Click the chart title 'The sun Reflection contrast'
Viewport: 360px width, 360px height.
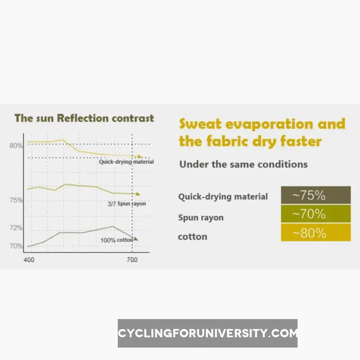pyautogui.click(x=84, y=118)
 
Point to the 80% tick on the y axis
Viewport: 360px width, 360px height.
pyautogui.click(x=16, y=145)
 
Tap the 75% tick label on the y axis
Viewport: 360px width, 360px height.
pyautogui.click(x=16, y=200)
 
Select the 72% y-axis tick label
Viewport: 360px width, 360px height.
pyautogui.click(x=16, y=228)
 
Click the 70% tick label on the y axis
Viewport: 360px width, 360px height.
pyautogui.click(x=16, y=246)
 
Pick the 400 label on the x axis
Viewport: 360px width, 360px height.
pyautogui.click(x=29, y=260)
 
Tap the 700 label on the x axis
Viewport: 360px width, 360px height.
pyautogui.click(x=132, y=260)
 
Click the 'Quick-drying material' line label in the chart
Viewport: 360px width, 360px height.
pyautogui.click(x=126, y=162)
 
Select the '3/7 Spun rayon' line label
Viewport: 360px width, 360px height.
pyautogui.click(x=126, y=204)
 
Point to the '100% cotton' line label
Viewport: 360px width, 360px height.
pyautogui.click(x=117, y=240)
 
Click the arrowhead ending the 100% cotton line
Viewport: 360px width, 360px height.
pyautogui.click(x=136, y=238)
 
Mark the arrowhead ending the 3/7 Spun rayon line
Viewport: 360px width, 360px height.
pyautogui.click(x=138, y=194)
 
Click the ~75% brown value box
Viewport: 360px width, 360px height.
pyautogui.click(x=316, y=195)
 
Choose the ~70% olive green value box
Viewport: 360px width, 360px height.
pyautogui.click(x=316, y=214)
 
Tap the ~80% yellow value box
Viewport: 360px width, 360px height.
pyautogui.click(x=316, y=233)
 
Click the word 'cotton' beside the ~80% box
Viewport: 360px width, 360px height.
pyautogui.click(x=192, y=237)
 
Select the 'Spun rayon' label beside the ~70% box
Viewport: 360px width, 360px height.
pyautogui.click(x=201, y=218)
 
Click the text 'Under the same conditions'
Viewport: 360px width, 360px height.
pyautogui.click(x=243, y=165)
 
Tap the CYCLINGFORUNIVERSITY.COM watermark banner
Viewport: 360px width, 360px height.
pyautogui.click(x=207, y=333)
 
